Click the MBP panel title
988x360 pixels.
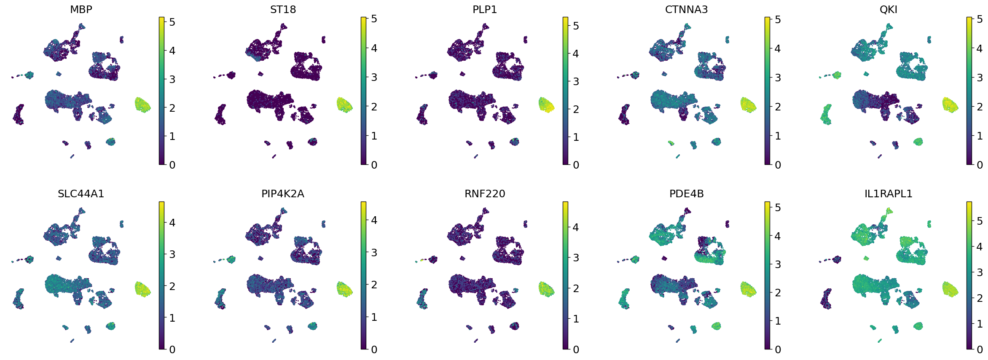click(x=81, y=9)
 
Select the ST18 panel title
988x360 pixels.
click(x=283, y=9)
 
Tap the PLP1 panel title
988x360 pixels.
click(x=485, y=9)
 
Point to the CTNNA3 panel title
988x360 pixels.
click(x=686, y=9)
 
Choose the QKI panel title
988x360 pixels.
click(x=888, y=9)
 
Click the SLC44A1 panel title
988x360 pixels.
click(x=81, y=193)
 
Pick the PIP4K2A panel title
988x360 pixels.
click(x=283, y=193)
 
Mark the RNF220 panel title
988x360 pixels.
click(x=485, y=193)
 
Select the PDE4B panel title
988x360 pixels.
click(x=686, y=193)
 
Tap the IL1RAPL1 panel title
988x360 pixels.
click(x=888, y=193)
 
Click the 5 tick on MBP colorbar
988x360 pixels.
click(x=172, y=22)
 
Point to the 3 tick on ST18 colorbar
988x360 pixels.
click(x=373, y=77)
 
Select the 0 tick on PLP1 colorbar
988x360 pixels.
click(x=575, y=165)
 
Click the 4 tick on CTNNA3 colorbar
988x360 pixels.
click(x=777, y=48)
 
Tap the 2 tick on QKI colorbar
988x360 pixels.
click(x=979, y=107)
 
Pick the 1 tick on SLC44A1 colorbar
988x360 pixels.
click(x=172, y=318)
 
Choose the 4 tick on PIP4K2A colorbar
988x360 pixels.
click(x=373, y=220)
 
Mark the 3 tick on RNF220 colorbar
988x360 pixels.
click(x=575, y=258)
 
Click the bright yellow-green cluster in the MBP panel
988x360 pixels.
click(x=143, y=105)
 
